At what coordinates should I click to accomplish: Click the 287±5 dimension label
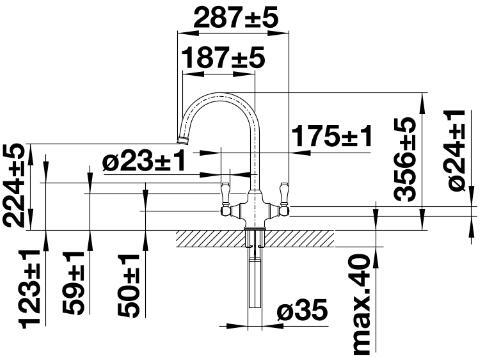(236, 18)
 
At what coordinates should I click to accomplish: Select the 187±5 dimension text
(224, 57)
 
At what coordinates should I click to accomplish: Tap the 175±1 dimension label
(332, 136)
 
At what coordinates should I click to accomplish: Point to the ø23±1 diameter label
(144, 162)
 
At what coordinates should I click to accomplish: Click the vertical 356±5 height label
(405, 159)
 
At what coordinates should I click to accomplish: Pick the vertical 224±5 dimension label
(14, 185)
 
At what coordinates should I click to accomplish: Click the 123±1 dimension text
(31, 288)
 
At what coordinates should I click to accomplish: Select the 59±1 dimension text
(74, 283)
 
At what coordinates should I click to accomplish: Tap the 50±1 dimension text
(129, 285)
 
